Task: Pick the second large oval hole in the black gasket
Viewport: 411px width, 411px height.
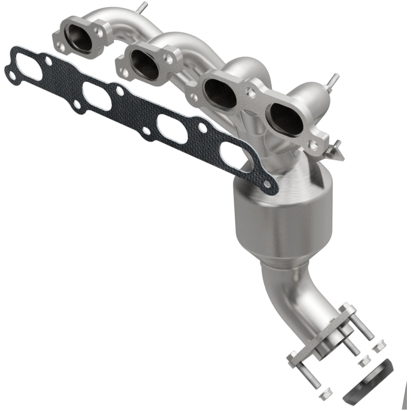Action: coord(97,97)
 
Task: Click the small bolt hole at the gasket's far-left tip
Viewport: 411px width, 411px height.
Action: coord(11,76)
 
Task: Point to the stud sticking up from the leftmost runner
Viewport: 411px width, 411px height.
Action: coord(142,8)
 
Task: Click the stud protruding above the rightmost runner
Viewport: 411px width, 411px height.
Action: coord(334,80)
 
